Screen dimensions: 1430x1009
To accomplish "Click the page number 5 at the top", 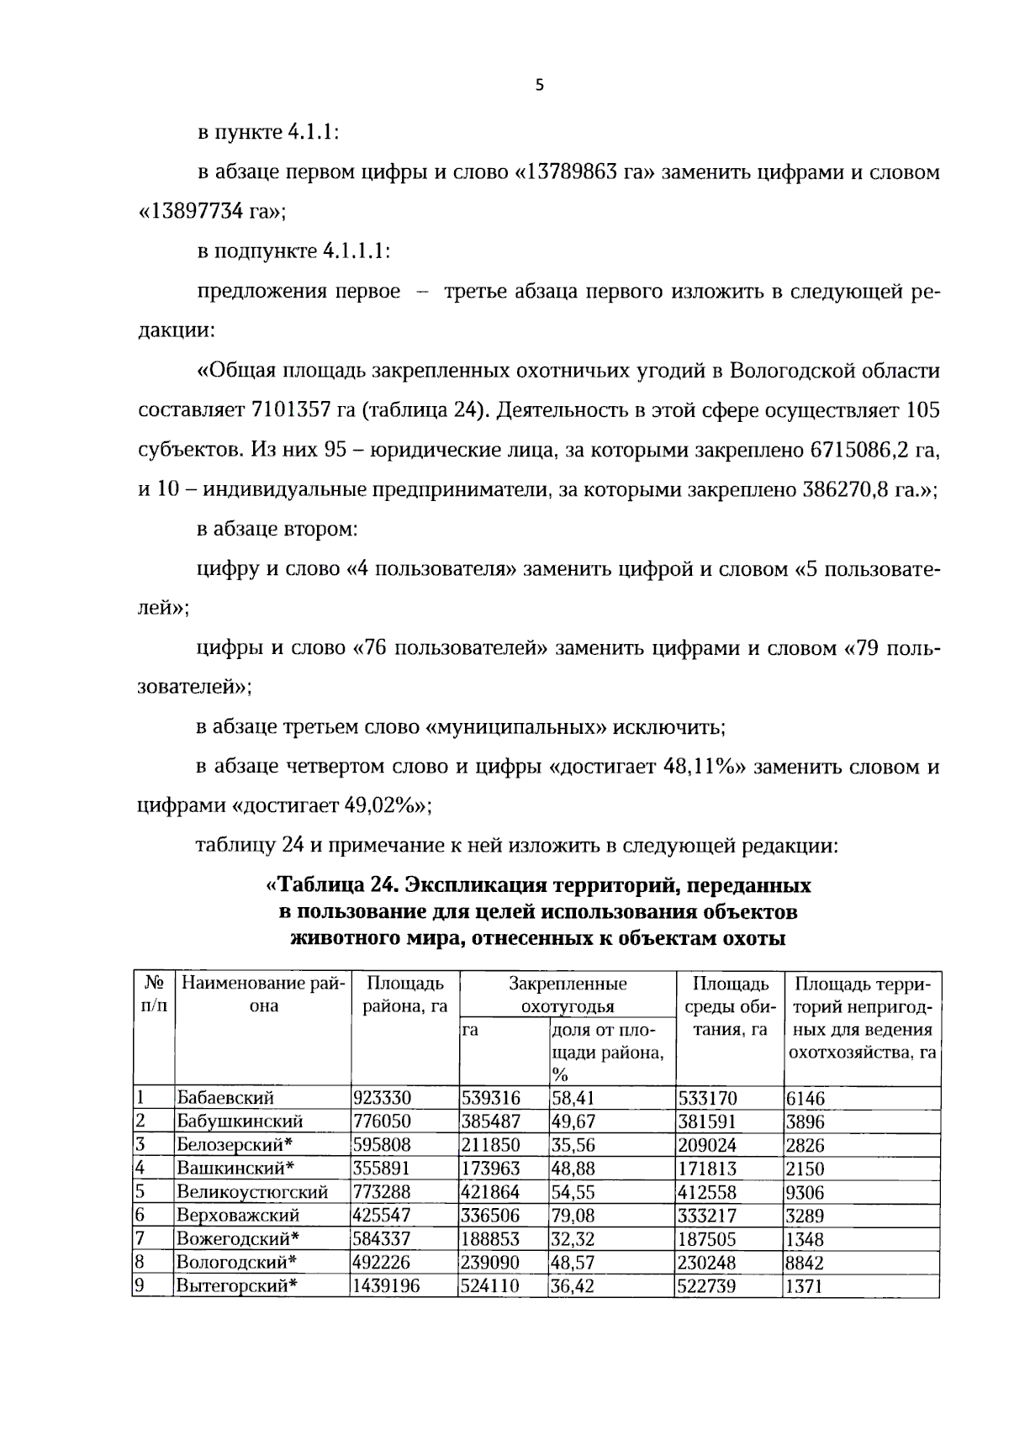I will click(540, 84).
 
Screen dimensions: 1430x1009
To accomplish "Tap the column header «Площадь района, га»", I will click(404, 995).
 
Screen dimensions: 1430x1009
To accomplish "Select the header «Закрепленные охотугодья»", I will click(568, 995).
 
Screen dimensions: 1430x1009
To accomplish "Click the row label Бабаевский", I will click(225, 1098).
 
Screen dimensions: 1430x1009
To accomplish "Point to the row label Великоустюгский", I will click(251, 1192).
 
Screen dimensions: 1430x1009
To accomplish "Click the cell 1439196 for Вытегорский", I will click(387, 1286).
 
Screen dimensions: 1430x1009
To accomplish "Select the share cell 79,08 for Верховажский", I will click(572, 1216).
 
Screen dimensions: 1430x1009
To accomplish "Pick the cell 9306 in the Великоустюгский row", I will click(805, 1192).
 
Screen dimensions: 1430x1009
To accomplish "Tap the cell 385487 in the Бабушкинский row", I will click(491, 1121).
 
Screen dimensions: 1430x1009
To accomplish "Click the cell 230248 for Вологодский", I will click(706, 1263).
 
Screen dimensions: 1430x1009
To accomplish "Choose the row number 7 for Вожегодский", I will click(141, 1239).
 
